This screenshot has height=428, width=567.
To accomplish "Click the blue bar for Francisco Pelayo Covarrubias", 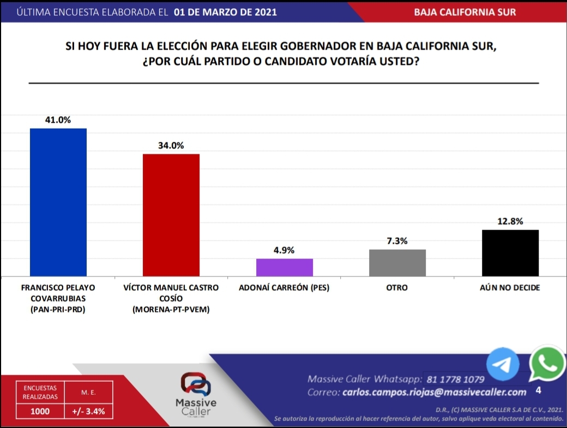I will pos(58,202).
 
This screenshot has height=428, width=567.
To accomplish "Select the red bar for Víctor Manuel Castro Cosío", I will pos(171,215).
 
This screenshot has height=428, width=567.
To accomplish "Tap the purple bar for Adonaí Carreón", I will pos(284,267).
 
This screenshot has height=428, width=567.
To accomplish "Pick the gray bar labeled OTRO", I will pos(397,262).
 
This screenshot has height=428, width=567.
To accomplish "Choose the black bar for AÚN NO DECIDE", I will pos(510,252).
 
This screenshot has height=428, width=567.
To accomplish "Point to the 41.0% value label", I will pos(58,120).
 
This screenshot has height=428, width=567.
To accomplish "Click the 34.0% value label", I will pos(171,146).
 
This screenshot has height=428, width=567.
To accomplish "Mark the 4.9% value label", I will pos(284,250).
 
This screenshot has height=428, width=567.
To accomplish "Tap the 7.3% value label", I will pos(397,241).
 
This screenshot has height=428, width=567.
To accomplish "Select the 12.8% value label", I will pos(510,221).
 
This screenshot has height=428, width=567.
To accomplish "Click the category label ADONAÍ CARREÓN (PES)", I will pos(284,287).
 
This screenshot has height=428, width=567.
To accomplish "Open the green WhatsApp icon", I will pos(547,363).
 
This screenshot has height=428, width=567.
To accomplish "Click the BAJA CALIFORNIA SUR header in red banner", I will pos(465,12).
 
